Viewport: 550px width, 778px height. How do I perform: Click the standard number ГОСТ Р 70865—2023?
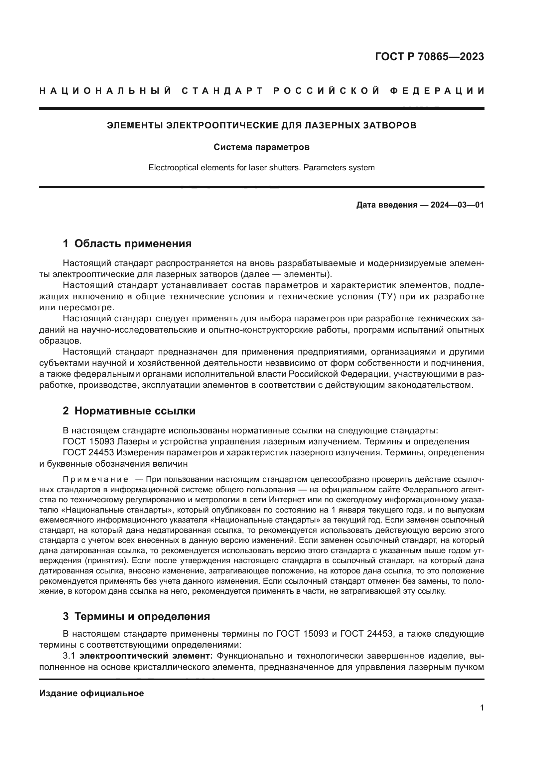[429, 57]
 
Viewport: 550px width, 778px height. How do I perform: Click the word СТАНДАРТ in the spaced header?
[222, 91]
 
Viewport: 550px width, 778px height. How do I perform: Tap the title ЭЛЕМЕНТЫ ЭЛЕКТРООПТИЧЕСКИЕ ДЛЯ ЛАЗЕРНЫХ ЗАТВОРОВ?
[261, 125]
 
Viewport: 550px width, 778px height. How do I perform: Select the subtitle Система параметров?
[261, 147]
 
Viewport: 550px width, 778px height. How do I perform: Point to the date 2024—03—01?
[457, 205]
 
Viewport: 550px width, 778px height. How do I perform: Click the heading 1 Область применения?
[127, 243]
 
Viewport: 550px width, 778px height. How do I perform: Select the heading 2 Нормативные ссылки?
[129, 411]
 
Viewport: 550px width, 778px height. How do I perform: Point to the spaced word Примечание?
[95, 480]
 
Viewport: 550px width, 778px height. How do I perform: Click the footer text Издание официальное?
[91, 693]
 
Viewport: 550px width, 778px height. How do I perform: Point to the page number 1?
[481, 708]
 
